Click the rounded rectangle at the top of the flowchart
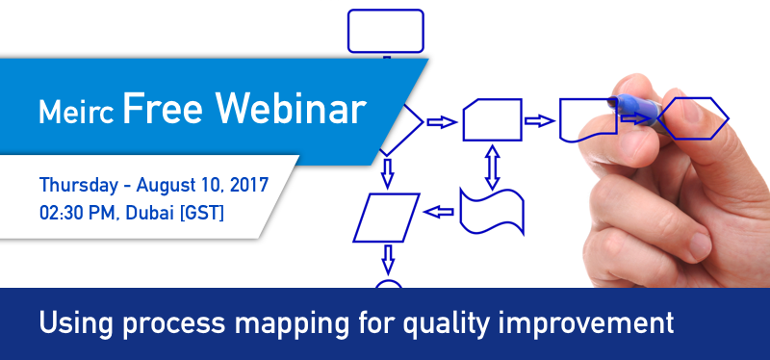385,31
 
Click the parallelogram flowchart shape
387,217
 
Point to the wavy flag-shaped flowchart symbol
492,211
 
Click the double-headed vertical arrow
492,166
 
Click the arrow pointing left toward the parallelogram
439,212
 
